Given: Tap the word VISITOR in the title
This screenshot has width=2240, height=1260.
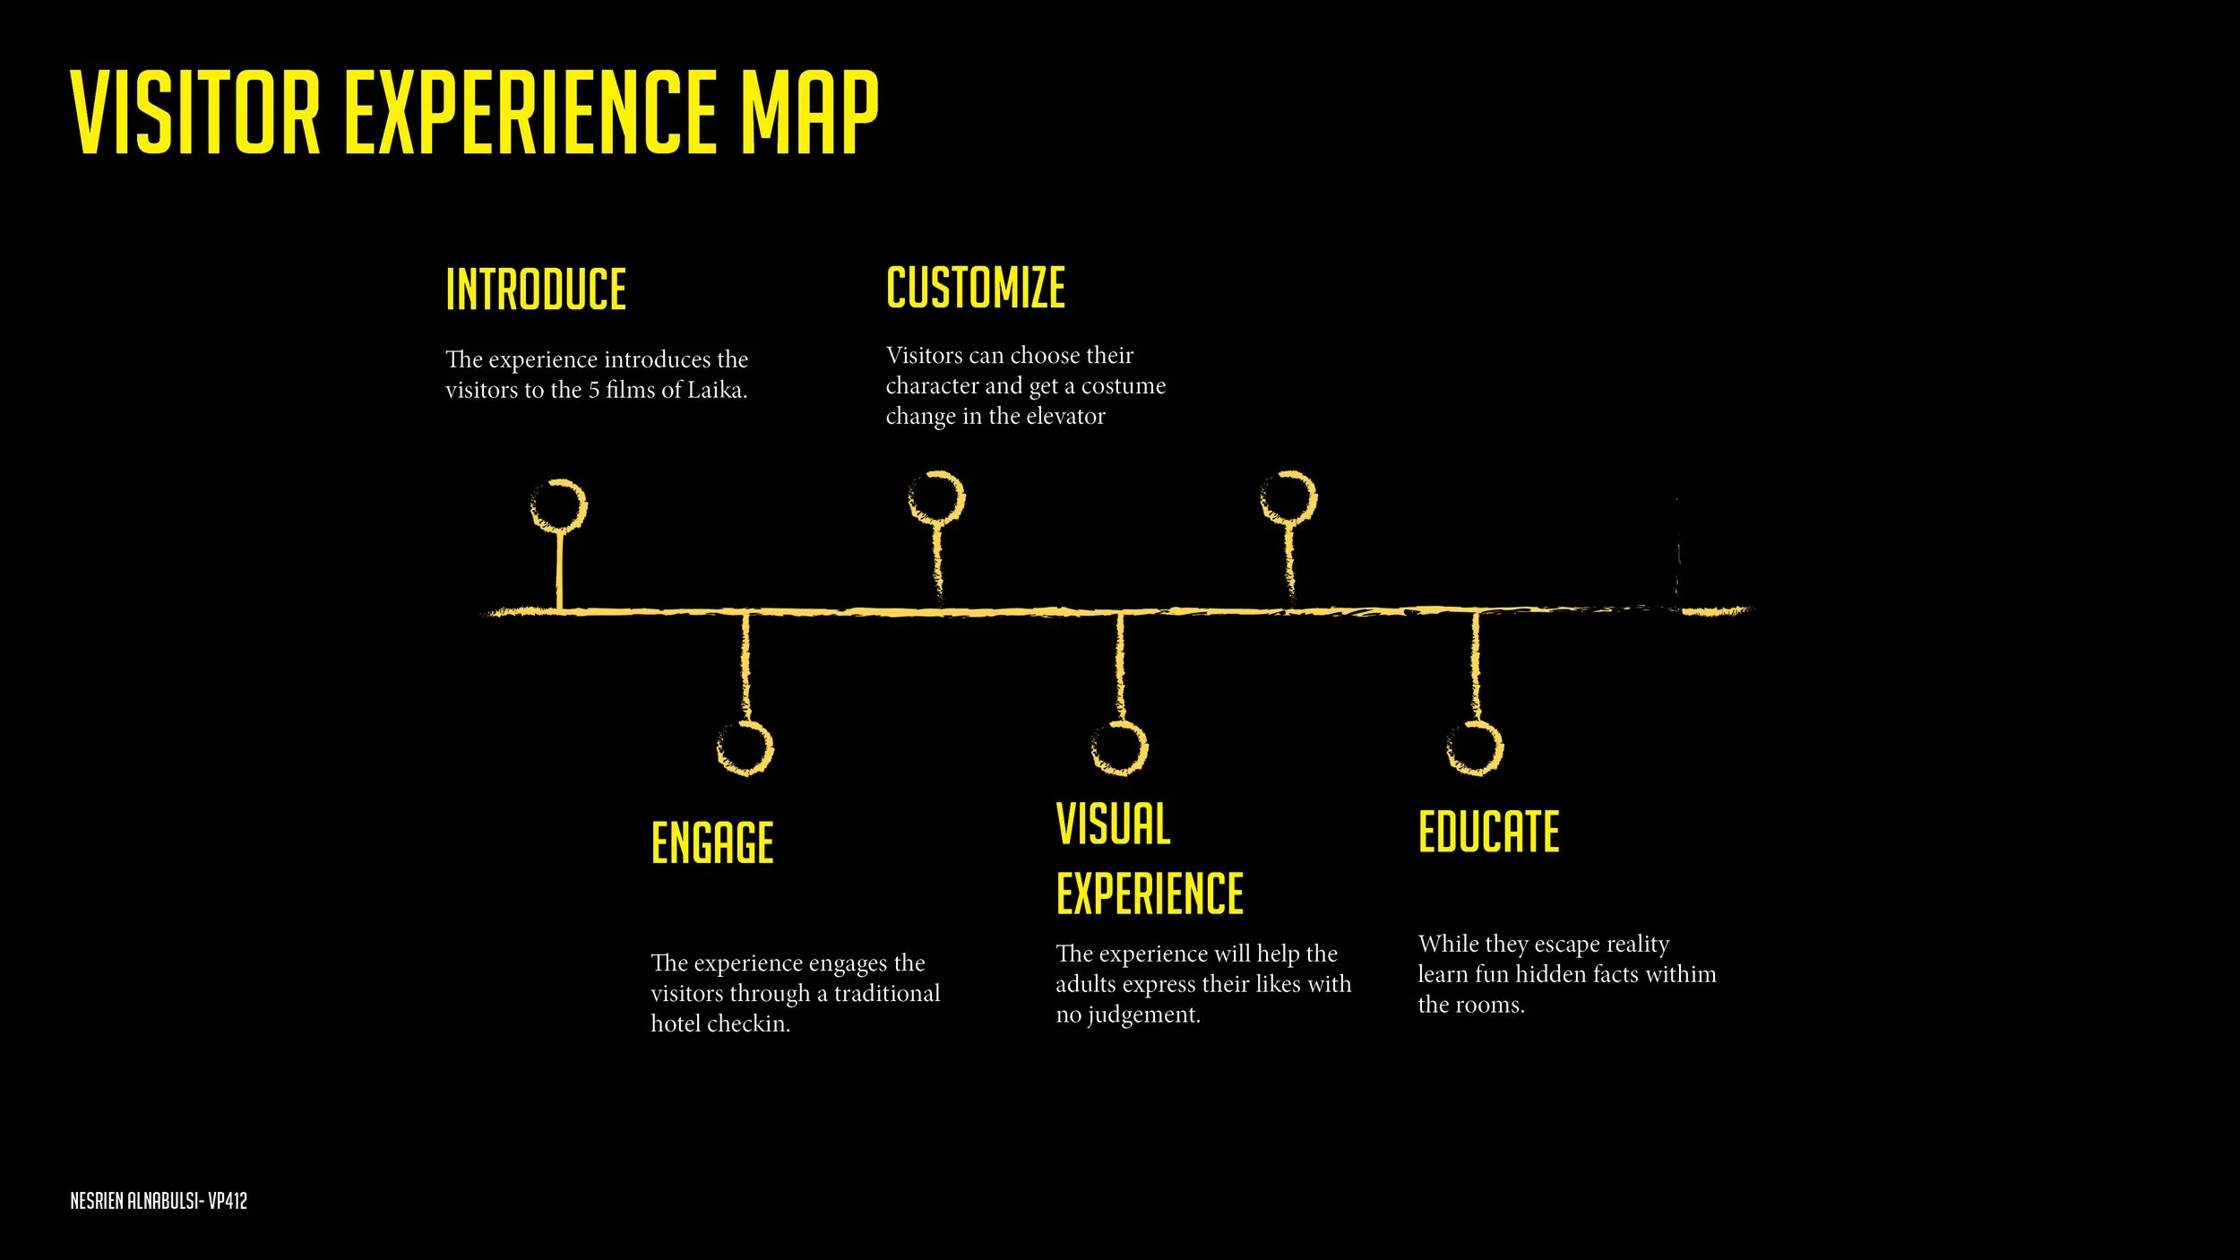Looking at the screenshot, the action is tap(195, 113).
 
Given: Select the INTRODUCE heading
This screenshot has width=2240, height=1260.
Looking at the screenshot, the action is tap(536, 289).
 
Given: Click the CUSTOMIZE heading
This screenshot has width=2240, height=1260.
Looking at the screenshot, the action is tap(976, 288).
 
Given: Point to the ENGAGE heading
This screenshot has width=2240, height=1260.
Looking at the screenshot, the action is tap(712, 842).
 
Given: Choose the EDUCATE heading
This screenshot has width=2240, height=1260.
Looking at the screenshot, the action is tap(1488, 832).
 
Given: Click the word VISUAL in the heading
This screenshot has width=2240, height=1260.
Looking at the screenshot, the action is tap(1113, 824).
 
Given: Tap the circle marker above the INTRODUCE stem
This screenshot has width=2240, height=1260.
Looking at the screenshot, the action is tap(559, 505).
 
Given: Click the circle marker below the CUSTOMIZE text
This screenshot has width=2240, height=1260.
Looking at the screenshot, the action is tap(936, 497).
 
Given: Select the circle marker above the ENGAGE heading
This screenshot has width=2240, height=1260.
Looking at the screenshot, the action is tap(745, 748).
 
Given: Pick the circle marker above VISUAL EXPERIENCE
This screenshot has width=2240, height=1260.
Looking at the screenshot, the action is tap(1120, 748).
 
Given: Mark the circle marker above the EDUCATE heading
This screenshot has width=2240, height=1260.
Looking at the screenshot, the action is tap(1475, 748).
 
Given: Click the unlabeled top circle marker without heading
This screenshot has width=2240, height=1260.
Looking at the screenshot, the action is tap(1288, 497).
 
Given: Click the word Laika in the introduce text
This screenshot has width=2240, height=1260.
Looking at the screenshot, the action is tap(716, 391).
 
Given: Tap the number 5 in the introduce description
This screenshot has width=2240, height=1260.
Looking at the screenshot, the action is tap(594, 391).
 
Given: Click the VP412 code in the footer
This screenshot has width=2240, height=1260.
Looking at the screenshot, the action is tap(228, 1201).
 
